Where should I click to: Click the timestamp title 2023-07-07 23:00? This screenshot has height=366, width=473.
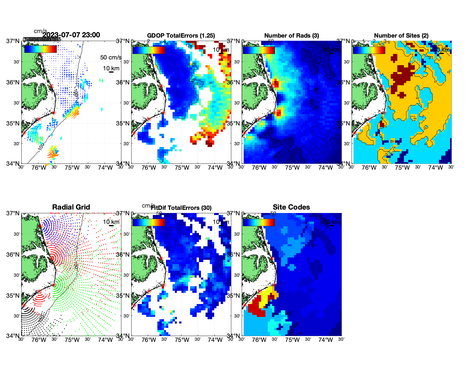pos(71,35)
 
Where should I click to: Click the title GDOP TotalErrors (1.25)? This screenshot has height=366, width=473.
pos(181,36)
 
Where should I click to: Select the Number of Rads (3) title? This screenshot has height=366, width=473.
pos(292,36)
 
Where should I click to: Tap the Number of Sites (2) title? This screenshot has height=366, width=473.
pos(401,36)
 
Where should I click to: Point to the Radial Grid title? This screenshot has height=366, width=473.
pos(71,207)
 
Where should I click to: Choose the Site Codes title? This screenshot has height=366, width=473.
pos(291,207)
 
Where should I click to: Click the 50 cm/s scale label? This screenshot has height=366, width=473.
pos(111,57)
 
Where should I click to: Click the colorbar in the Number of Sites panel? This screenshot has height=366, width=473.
pos(369,50)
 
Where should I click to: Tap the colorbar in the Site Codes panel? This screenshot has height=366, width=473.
pos(259,222)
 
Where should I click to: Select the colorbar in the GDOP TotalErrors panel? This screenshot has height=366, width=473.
pos(148,50)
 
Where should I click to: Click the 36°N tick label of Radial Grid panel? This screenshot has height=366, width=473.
pos(13,255)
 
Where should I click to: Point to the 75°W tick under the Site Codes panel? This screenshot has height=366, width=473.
pos(292,340)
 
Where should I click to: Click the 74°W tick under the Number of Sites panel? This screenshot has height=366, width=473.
pos(435,168)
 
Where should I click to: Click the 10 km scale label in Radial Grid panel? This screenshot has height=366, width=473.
pos(111,222)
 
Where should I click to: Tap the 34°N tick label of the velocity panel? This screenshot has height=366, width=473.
pos(13,164)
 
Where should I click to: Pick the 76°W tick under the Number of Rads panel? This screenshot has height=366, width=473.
pos(259,168)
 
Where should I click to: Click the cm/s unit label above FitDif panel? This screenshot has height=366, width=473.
pos(148,206)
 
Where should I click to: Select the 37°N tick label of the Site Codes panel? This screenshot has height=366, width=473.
pos(234,213)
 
